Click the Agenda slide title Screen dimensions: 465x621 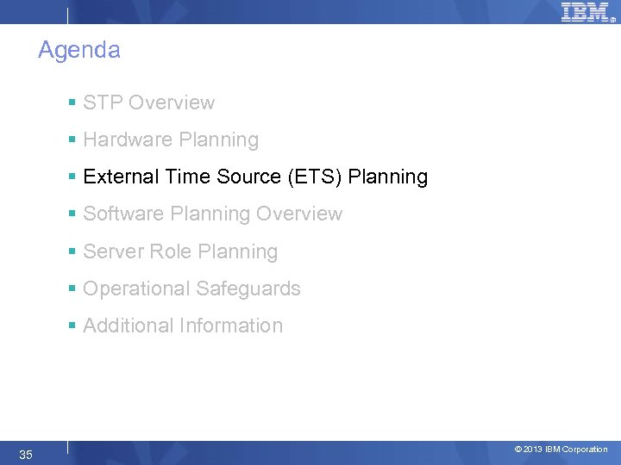pos(79,51)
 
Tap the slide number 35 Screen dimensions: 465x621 pos(26,454)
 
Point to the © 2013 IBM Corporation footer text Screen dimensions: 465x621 pos(561,449)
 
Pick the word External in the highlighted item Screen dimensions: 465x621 pos(116,177)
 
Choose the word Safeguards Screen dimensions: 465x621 pos(247,288)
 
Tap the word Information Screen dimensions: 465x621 pos(230,325)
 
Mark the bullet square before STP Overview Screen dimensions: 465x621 pos(73,103)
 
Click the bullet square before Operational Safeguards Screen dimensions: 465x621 pos(73,289)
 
